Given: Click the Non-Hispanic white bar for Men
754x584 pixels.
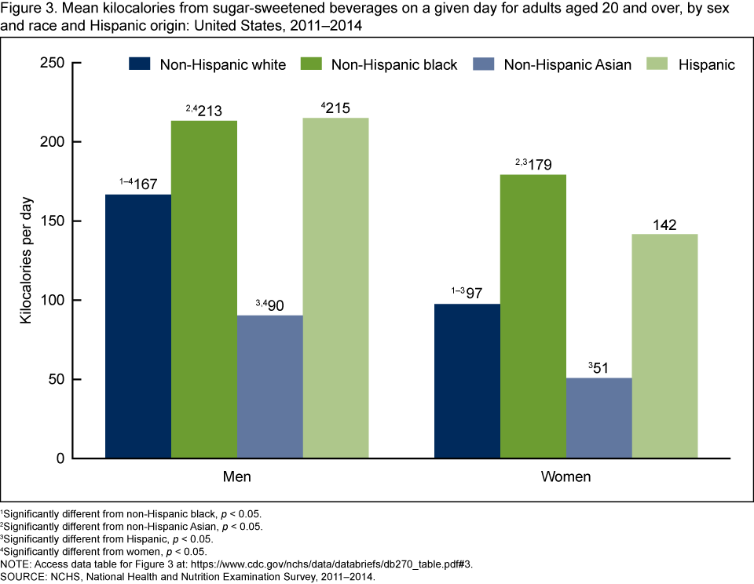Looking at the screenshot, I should pos(138,326).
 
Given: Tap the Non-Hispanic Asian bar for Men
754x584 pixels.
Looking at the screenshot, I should pos(269,386).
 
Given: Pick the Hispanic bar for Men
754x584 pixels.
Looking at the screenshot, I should pos(335,288).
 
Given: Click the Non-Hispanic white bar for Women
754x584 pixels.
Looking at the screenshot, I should pos(467,381).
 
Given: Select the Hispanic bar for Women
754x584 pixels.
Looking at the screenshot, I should pos(664,345).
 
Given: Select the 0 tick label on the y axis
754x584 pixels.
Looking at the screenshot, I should pos(60,458).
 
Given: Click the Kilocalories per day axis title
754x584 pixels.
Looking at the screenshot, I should pos(26,260).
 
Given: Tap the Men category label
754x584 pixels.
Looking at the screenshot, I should pos(236,477).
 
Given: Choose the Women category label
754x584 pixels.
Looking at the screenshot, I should pos(565,477).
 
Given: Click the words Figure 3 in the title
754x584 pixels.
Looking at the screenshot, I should pos(27,10).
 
